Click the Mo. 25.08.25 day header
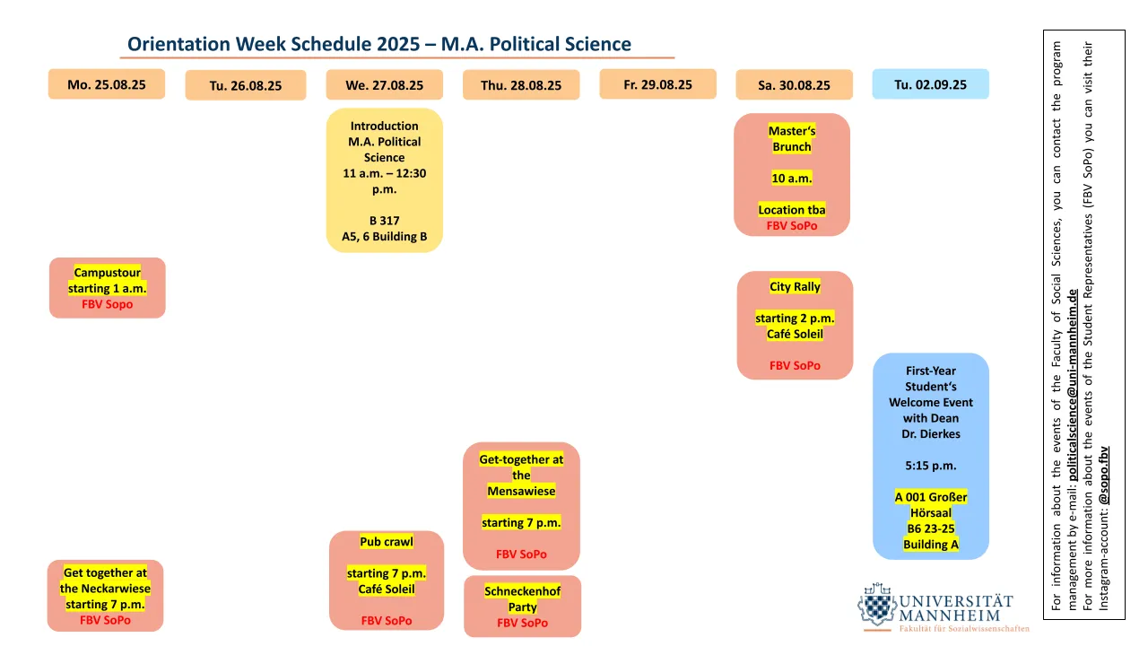point(106,84)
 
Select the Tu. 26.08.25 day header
point(245,85)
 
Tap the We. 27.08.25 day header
point(384,85)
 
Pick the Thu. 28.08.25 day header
point(521,85)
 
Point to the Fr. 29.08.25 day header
point(657,84)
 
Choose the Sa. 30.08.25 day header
point(794,85)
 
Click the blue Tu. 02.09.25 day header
point(930,84)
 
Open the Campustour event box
point(107,288)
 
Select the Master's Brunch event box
point(792,175)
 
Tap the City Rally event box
point(795,325)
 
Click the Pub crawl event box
point(386,581)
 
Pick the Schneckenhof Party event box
point(522,606)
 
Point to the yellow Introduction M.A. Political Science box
point(384,180)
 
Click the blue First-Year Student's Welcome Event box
point(930,456)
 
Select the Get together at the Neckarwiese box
point(105,596)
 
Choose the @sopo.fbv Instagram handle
point(1104,475)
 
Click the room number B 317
point(384,221)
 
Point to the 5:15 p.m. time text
point(930,466)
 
